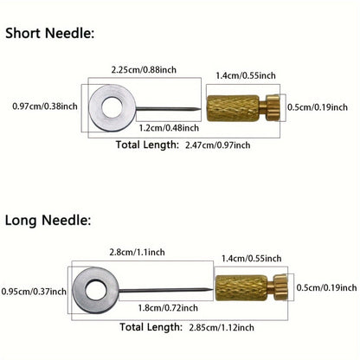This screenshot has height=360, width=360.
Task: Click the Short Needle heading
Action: pos(50,33)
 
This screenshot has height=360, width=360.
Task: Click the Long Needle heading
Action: pos(48,221)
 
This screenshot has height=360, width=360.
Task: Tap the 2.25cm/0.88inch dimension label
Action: pos(144,70)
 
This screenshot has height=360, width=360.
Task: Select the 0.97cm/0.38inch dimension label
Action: pos(45,106)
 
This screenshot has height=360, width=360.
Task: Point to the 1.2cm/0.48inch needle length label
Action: pos(169,128)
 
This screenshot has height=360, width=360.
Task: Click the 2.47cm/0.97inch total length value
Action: pos(218,145)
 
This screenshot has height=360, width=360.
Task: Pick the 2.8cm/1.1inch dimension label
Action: pos(137,252)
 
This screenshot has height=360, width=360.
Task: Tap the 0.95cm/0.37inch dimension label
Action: pos(34,292)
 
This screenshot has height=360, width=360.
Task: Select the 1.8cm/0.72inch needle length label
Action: pos(168,308)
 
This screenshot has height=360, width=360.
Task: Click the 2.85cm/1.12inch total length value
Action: pos(222,327)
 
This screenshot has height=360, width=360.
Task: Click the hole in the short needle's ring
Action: pos(112,107)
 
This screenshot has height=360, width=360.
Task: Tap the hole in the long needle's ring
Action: pos(95,290)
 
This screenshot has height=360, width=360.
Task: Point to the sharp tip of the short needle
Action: pos(200,109)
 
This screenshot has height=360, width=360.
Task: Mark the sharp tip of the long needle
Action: pos(213,290)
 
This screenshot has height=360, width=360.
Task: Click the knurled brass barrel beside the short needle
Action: pos(233,108)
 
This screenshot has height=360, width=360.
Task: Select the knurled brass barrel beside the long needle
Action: pos(241,288)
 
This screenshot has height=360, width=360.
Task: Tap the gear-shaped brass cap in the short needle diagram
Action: pos(273,107)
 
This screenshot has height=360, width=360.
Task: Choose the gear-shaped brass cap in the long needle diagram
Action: pos(280,287)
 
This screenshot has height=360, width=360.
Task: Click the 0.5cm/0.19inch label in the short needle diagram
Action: pos(318,107)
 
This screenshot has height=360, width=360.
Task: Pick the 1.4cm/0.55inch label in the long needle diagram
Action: pos(252,258)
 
